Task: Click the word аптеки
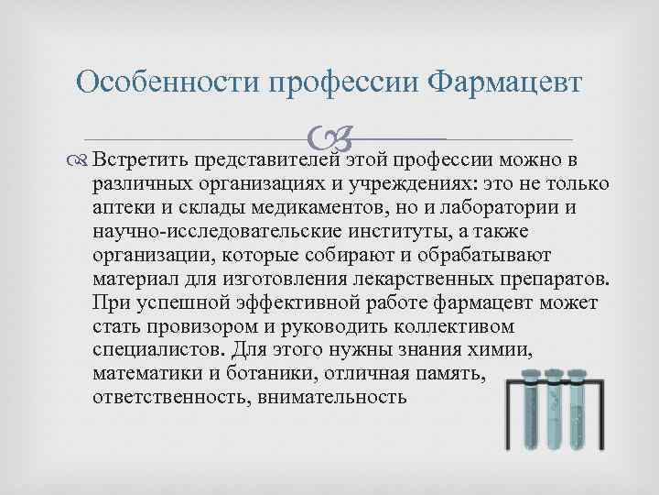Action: tap(120, 206)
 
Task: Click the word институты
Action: tap(372, 230)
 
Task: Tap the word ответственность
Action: tap(170, 397)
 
